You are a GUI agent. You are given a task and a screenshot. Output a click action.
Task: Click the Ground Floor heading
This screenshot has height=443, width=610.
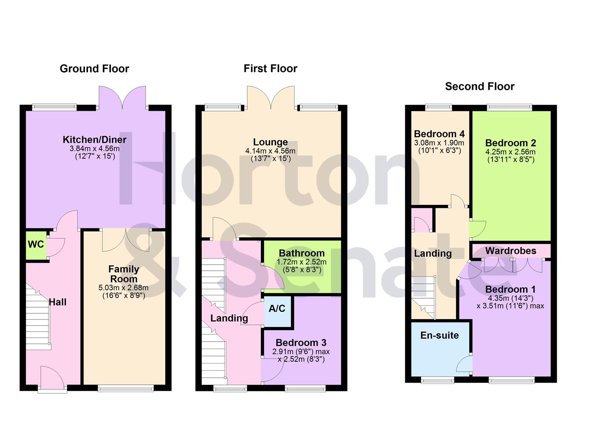(x=94, y=69)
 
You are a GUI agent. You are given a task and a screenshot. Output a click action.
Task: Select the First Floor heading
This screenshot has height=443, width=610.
(x=270, y=69)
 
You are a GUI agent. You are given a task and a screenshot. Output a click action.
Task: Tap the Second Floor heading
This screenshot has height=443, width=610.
(x=479, y=87)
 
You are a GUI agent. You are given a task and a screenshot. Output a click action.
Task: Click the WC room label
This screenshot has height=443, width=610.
(x=36, y=244)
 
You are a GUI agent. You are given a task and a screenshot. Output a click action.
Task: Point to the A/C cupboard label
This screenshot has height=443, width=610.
(x=277, y=308)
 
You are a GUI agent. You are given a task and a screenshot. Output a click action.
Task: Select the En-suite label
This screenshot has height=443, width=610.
(x=439, y=335)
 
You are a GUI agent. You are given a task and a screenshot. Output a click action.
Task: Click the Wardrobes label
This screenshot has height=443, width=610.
(x=511, y=251)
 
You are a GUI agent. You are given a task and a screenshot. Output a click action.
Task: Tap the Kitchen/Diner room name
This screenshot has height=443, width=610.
(x=94, y=139)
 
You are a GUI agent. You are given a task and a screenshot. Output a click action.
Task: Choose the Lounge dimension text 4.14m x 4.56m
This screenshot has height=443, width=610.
(x=270, y=151)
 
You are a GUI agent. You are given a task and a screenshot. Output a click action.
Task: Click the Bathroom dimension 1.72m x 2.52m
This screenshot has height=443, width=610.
(x=302, y=262)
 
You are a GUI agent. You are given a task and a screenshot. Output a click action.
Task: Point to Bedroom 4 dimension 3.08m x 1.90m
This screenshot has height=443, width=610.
(x=439, y=143)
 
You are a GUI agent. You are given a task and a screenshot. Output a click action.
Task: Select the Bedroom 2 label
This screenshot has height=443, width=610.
(x=511, y=143)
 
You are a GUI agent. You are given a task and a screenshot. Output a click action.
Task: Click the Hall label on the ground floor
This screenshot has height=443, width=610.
(x=58, y=302)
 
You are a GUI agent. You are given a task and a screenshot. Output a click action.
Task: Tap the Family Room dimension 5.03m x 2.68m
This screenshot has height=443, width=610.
(x=123, y=288)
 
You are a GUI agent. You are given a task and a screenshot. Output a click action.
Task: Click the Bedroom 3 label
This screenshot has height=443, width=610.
(x=301, y=343)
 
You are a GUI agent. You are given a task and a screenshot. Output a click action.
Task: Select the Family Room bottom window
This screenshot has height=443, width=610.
(x=126, y=388)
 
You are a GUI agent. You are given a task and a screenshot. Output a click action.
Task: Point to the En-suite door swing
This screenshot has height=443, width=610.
(x=465, y=365)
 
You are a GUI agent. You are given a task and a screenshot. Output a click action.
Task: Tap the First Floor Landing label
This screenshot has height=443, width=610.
(x=229, y=318)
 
